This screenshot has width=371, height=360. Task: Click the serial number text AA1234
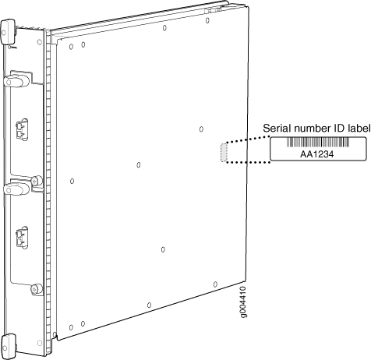point(316,154)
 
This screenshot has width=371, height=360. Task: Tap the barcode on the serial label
point(318,143)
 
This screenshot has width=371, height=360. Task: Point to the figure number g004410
point(243,302)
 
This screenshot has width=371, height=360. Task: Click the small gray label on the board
point(224,152)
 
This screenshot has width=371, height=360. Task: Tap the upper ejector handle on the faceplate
point(16,81)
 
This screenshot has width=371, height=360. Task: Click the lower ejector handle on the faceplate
point(16,189)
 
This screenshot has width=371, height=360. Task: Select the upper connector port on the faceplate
point(22,129)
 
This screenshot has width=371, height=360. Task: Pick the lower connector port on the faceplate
point(22,238)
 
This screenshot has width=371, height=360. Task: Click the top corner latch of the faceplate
point(9,32)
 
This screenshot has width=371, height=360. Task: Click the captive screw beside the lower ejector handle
point(37,181)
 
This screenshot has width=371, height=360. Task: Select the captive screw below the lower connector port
point(36,289)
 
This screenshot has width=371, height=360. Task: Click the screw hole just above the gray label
point(201,129)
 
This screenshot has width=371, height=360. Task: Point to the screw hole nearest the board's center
point(139,165)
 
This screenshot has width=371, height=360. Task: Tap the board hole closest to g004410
point(215,284)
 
